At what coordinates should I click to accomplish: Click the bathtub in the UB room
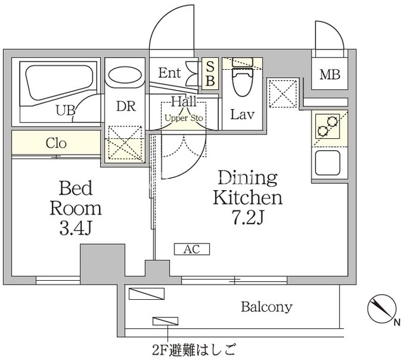[x=59, y=83]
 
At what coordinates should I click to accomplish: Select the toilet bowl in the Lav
[x=242, y=82]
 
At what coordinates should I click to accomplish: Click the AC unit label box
[x=192, y=249]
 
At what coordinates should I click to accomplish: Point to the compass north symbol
[x=383, y=309]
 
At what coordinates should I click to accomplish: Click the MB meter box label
[x=330, y=75]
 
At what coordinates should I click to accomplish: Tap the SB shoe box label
[x=210, y=74]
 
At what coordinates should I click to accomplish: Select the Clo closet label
[x=56, y=143]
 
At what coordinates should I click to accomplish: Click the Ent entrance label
[x=169, y=73]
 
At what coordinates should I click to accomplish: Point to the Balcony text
[x=266, y=307]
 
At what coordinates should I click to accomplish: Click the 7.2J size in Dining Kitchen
[x=248, y=217]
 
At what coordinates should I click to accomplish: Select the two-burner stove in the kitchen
[x=327, y=126]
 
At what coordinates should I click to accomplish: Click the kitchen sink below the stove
[x=327, y=163]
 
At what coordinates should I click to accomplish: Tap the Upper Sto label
[x=184, y=118]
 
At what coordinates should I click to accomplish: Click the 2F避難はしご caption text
[x=194, y=350]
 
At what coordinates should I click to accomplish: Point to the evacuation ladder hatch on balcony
[x=165, y=321]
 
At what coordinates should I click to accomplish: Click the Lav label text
[x=242, y=115]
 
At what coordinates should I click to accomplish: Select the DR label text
[x=126, y=106]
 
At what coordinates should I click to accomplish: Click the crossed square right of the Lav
[x=283, y=94]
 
